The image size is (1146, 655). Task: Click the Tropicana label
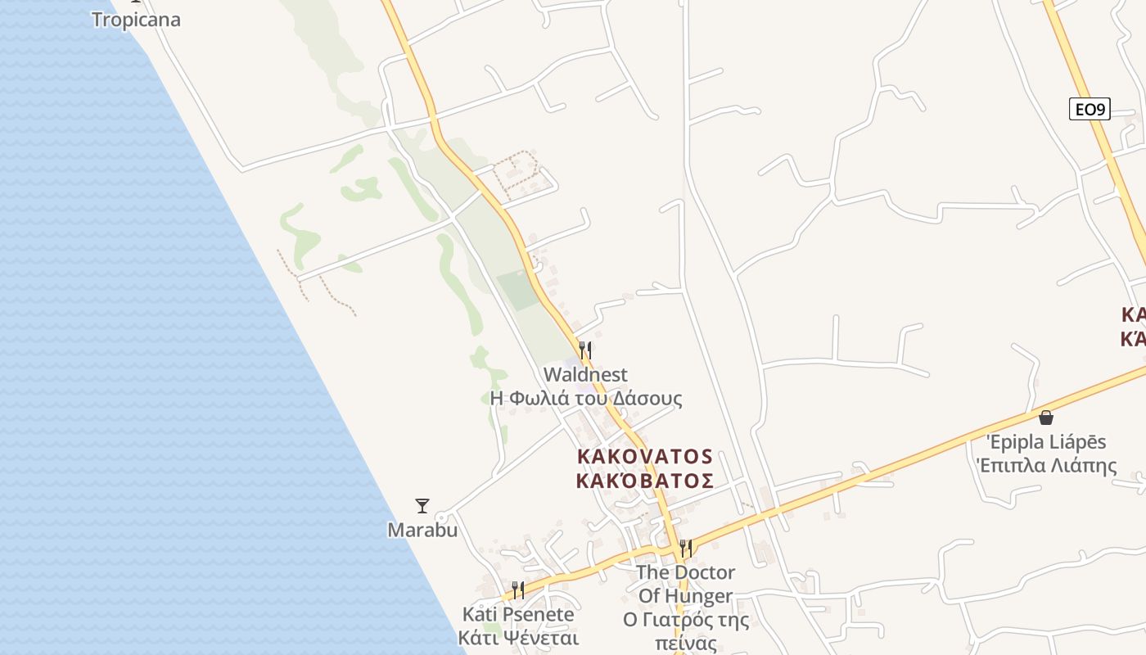coord(136,19)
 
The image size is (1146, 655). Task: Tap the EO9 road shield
coord(1090,109)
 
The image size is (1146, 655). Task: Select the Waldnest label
coord(585,375)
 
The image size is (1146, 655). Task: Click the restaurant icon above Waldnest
coord(584,350)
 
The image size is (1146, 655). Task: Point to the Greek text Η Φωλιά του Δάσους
coord(585,399)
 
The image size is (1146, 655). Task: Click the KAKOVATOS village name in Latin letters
coord(645,456)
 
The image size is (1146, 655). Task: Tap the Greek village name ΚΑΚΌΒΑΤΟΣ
coord(645,481)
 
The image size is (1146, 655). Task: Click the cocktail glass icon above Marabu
coord(422,506)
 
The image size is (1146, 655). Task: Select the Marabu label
coord(422,530)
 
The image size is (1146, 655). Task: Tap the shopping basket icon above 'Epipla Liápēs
coord(1045,418)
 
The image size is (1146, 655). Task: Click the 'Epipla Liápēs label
coord(1046,442)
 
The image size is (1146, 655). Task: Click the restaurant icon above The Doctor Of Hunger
coord(685,548)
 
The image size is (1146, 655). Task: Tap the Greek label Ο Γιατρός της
coord(686,620)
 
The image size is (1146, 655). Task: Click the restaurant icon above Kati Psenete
coord(517,589)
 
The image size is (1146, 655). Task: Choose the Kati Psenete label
coord(518,614)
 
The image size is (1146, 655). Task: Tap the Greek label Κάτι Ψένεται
coord(518,638)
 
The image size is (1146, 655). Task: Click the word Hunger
coord(697,596)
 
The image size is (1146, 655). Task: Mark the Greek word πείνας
coord(686,644)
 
